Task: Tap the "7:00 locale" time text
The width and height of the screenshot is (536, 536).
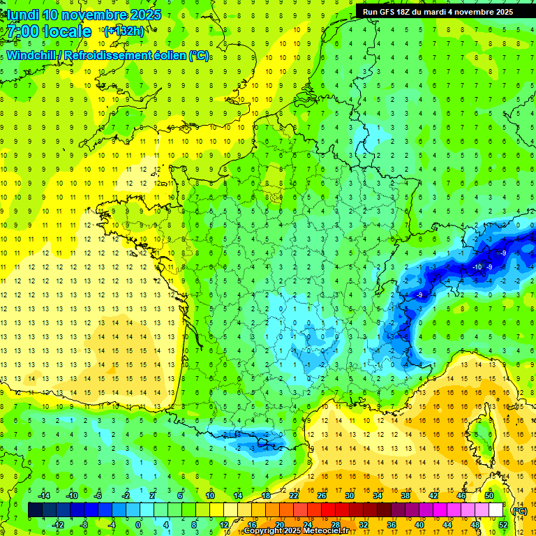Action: coord(50,31)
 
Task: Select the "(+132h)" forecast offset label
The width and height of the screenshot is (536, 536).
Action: coord(124,31)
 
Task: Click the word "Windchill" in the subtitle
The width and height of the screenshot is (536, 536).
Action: coord(31,55)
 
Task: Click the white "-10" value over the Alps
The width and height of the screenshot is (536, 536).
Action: coord(477,267)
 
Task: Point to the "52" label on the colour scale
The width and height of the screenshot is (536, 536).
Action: coord(503,525)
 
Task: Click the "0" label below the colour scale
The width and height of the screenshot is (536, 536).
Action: coord(138,525)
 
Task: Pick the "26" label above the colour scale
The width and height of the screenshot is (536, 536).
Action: coord(322,496)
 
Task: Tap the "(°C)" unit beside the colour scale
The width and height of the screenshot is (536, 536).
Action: coord(519,511)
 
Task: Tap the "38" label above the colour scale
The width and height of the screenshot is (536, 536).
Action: coord(405,496)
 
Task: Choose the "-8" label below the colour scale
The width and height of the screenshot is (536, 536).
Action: coord(84,525)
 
